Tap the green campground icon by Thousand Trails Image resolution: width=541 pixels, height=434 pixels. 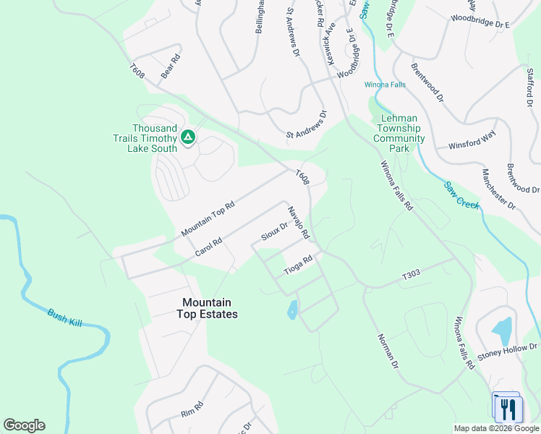pyautogui.click(x=188, y=136)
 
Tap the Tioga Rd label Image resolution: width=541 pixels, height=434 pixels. pyautogui.click(x=298, y=264)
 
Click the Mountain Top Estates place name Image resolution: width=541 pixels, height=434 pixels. pyautogui.click(x=207, y=308)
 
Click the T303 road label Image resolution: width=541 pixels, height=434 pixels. pyautogui.click(x=411, y=276)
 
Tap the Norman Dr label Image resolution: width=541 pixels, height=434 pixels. pyautogui.click(x=388, y=351)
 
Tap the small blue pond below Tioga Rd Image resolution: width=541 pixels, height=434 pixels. pyautogui.click(x=292, y=310)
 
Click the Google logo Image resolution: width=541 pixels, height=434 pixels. pyautogui.click(x=24, y=425)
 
